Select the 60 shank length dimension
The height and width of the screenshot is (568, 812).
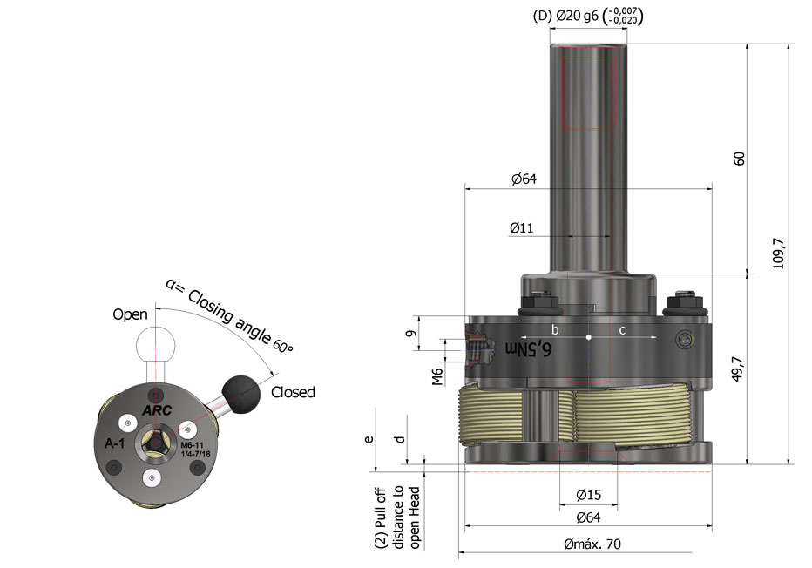(739, 159)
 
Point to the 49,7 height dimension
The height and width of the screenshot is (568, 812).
(739, 369)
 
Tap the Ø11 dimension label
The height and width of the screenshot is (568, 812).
(522, 228)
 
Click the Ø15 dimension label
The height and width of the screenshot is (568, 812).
(588, 495)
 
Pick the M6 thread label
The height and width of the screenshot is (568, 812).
(437, 375)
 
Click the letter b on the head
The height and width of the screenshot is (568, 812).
(555, 329)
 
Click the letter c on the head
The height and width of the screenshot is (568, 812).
(622, 329)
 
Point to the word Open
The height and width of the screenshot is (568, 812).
(130, 314)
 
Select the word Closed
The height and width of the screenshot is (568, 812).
(293, 392)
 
